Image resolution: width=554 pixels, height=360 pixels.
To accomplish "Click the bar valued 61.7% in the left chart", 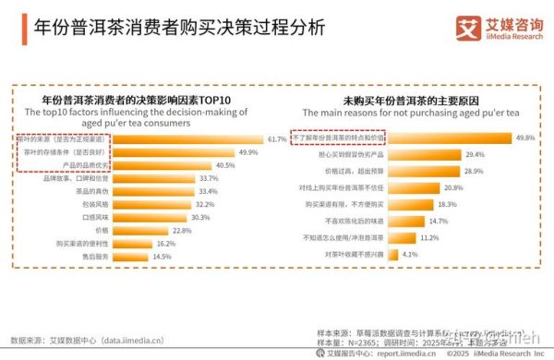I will (x=194, y=138).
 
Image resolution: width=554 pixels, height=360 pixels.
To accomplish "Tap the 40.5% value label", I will (x=225, y=165).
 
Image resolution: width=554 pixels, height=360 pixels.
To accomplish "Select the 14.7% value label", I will (x=438, y=221).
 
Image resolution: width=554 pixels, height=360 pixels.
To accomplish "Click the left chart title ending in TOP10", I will (x=138, y=98).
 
